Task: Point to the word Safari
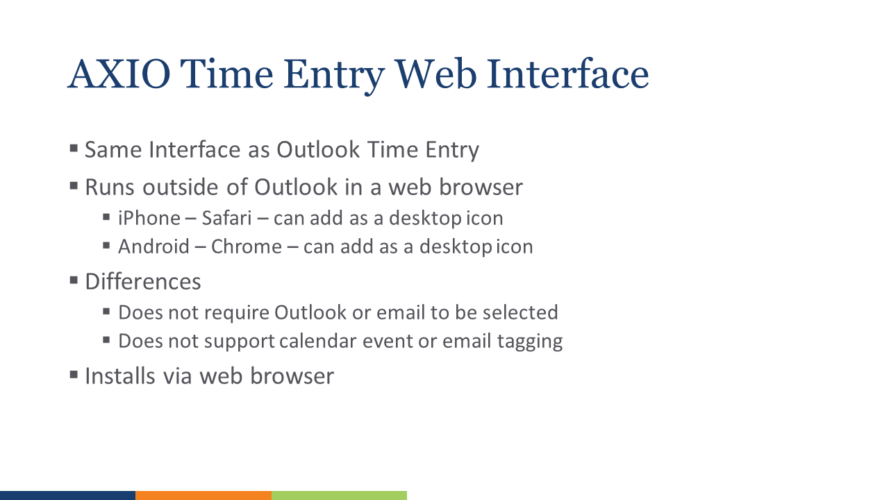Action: coord(226,218)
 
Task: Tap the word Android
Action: coord(153,247)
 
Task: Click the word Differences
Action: coord(143,282)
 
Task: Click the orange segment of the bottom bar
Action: coord(203,495)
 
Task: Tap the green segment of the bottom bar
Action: coord(339,495)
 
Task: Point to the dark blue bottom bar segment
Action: coord(67,495)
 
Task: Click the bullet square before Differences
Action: coord(74,281)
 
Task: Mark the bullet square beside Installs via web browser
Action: coord(74,375)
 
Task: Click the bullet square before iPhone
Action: coord(106,217)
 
